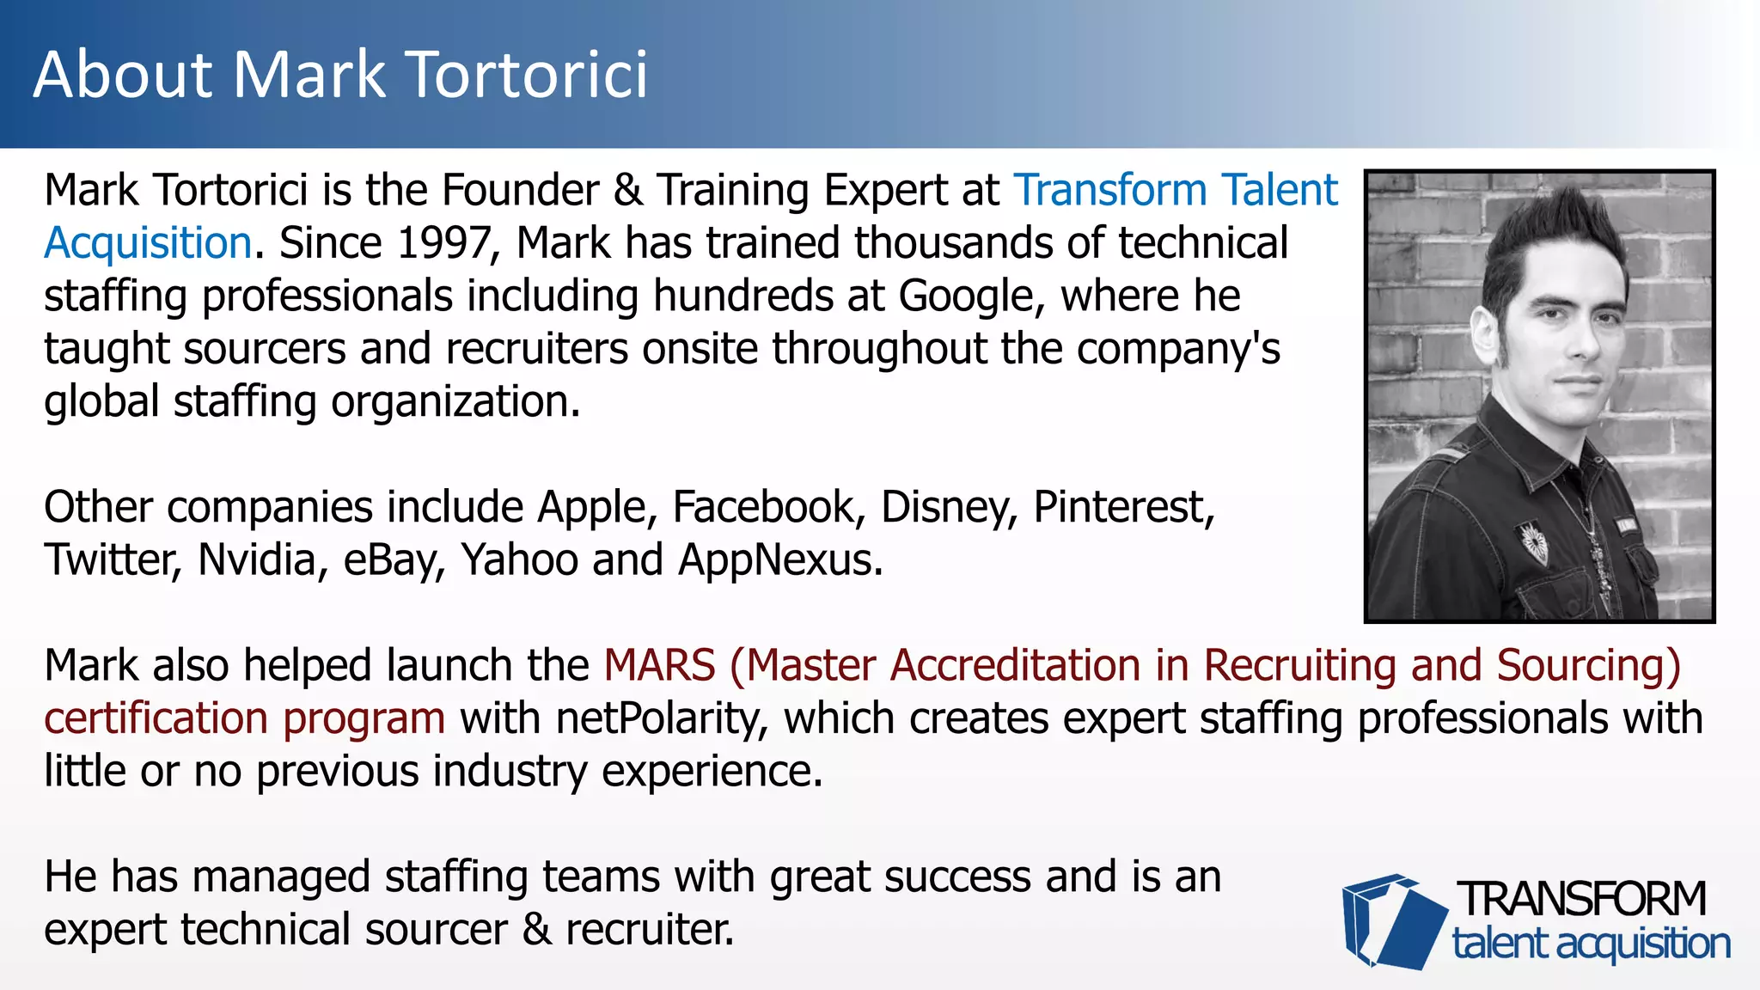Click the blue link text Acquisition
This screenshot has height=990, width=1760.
point(148,243)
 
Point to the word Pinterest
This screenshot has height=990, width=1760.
point(1123,507)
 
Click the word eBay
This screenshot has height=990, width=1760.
point(394,560)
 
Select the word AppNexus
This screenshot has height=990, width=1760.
point(779,560)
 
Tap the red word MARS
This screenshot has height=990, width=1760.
point(659,666)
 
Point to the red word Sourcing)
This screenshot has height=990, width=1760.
point(1588,666)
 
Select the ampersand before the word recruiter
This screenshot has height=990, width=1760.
point(537,930)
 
